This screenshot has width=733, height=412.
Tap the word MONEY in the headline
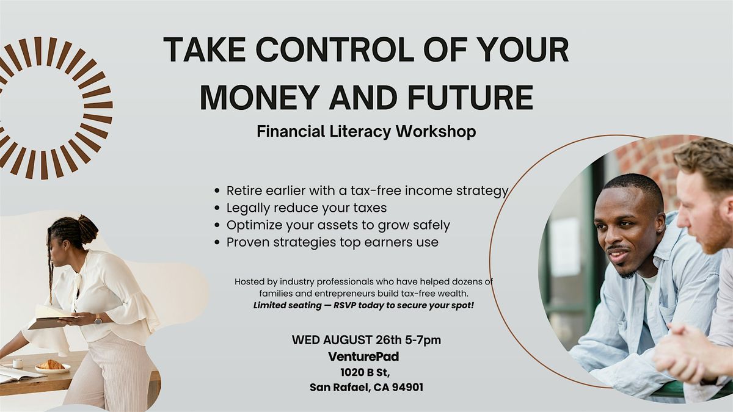click(260, 98)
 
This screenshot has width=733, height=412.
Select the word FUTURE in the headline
click(470, 98)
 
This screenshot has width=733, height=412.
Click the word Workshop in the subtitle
click(436, 131)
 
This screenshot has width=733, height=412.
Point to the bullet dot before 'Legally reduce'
click(217, 208)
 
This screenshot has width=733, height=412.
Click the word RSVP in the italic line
click(345, 305)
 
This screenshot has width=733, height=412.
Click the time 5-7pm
click(423, 341)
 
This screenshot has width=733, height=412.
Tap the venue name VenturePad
click(363, 356)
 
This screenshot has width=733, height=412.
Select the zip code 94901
click(407, 388)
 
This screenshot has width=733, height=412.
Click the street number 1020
click(352, 372)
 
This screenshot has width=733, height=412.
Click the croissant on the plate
click(51, 364)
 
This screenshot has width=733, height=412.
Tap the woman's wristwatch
click(98, 319)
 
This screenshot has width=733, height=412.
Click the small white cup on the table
click(18, 363)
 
